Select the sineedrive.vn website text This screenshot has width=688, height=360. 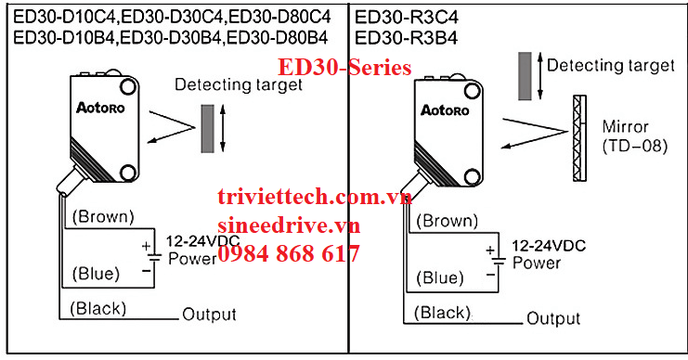pos(288,225)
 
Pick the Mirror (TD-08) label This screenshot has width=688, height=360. pos(634,135)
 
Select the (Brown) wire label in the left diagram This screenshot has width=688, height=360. pos(102,217)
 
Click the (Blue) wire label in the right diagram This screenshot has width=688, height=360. pos(440,277)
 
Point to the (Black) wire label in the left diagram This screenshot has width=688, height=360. pos(97,308)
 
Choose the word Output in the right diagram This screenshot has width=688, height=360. pos(553,318)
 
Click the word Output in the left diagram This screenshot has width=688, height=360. pos(209,314)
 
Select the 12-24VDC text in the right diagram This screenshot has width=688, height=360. pos(548,248)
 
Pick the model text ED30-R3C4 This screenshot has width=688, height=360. pos(406,17)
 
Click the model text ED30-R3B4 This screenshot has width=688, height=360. pos(406,37)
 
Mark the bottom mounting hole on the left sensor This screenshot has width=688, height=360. pos(126,172)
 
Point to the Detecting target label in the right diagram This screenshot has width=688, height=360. pos(610,65)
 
